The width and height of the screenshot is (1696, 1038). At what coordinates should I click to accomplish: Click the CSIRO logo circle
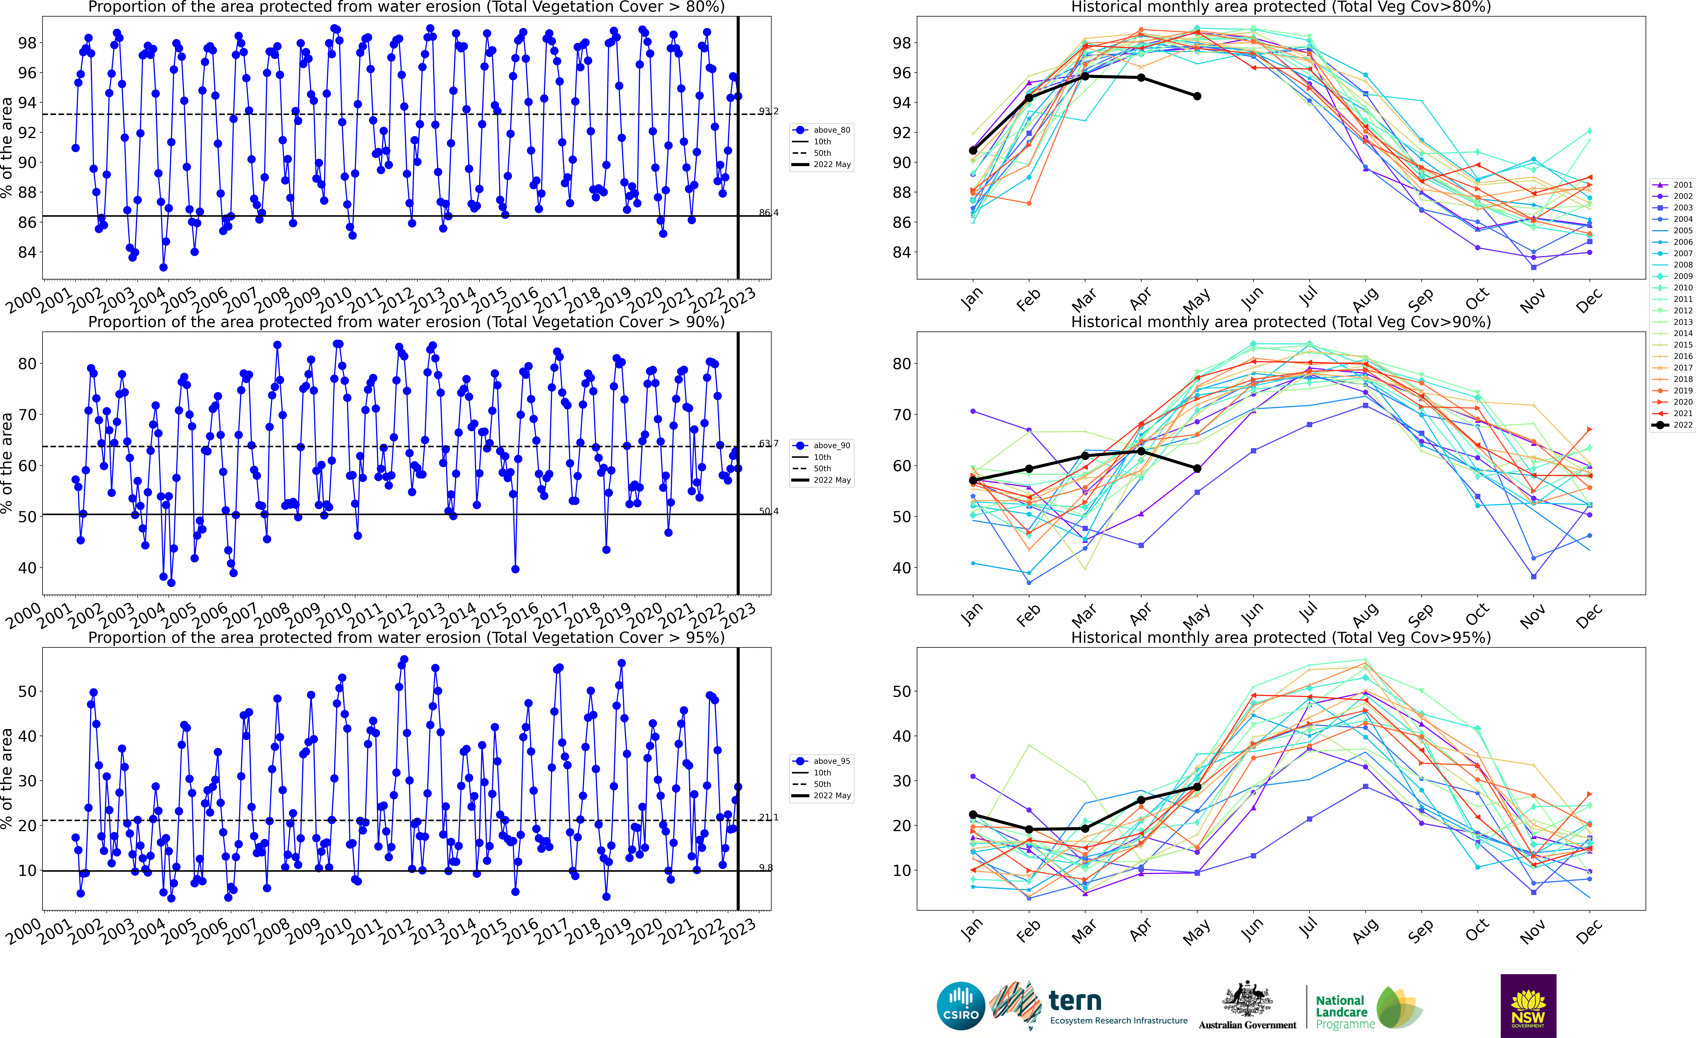tap(961, 1006)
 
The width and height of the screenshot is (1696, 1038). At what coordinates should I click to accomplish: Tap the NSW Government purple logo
tap(1528, 1006)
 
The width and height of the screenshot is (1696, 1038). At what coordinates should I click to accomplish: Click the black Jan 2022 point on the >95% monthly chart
tap(973, 814)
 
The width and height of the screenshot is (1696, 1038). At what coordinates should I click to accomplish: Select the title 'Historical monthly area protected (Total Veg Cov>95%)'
tap(1280, 638)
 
